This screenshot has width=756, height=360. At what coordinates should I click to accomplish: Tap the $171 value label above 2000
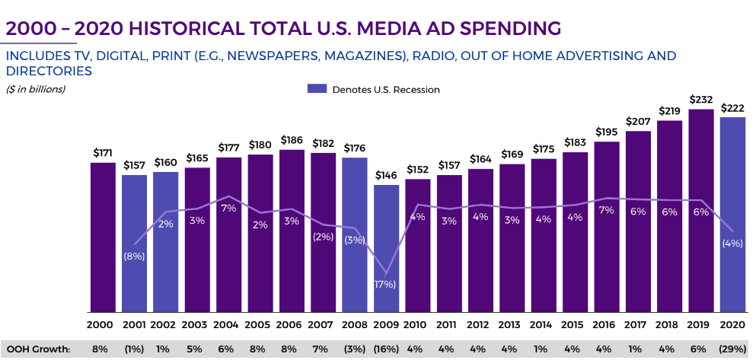103,153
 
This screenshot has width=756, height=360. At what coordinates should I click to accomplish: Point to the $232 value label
701,100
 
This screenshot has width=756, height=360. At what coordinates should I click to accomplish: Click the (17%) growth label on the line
384,285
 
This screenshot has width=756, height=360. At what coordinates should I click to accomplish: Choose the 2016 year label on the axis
606,325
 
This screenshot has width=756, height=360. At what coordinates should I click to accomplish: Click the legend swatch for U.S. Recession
317,89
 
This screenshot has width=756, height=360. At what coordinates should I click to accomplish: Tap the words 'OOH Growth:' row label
37,349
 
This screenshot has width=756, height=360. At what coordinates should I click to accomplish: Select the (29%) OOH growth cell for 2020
732,349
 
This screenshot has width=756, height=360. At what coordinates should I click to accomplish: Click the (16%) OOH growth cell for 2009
386,349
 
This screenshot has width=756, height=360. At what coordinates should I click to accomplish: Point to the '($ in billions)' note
36,89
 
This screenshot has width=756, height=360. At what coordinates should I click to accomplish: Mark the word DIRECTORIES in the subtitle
49,71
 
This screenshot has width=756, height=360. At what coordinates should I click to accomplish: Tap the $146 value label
386,175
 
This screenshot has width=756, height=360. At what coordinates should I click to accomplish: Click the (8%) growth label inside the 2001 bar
134,256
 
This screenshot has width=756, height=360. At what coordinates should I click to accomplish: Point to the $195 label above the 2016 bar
606,132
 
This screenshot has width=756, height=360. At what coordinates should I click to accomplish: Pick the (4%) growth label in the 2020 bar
732,243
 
